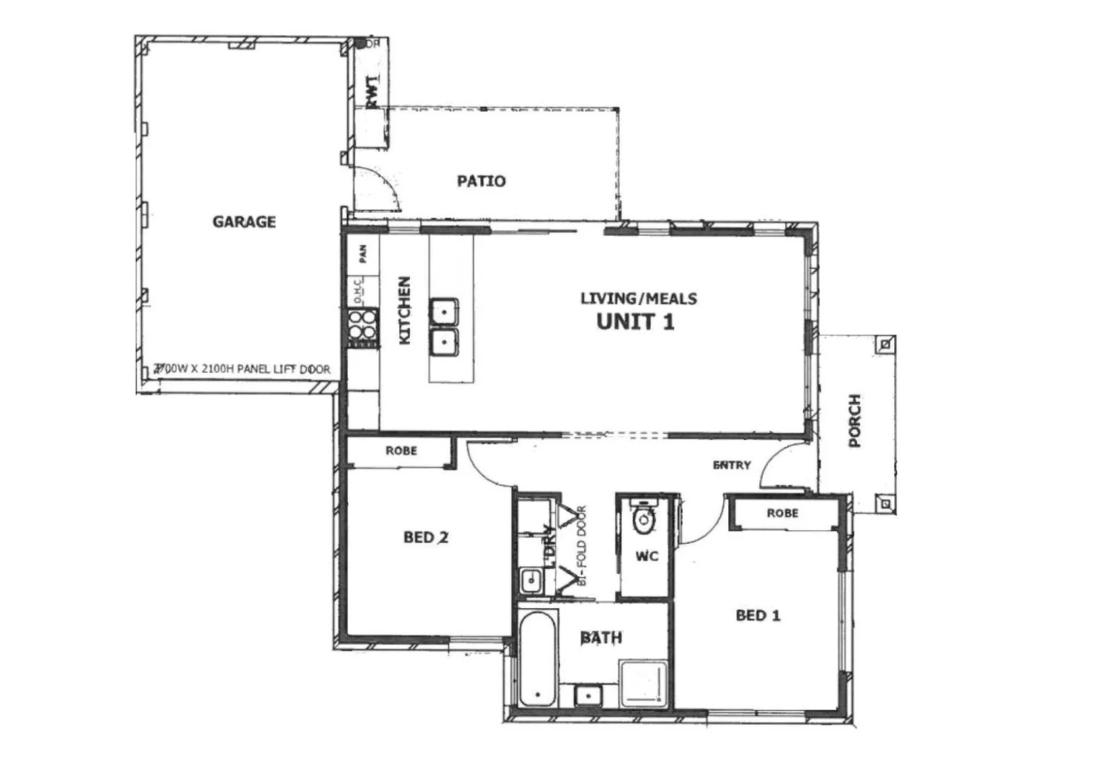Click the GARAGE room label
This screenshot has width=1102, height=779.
(x=244, y=221)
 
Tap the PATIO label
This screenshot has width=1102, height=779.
(x=481, y=181)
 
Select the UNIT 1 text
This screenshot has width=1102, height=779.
(x=636, y=322)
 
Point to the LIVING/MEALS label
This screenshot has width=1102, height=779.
(x=639, y=298)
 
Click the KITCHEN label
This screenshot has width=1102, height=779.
(x=404, y=310)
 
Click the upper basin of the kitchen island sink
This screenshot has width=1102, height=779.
(x=445, y=311)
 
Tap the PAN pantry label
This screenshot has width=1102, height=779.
(x=363, y=253)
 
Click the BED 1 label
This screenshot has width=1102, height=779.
(x=758, y=615)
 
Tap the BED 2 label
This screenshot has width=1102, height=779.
(x=426, y=537)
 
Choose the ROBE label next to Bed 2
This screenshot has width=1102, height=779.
(x=401, y=451)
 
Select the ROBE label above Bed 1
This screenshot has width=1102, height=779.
(x=782, y=513)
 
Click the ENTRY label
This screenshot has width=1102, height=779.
(x=732, y=465)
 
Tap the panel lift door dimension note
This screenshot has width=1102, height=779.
(x=242, y=369)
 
